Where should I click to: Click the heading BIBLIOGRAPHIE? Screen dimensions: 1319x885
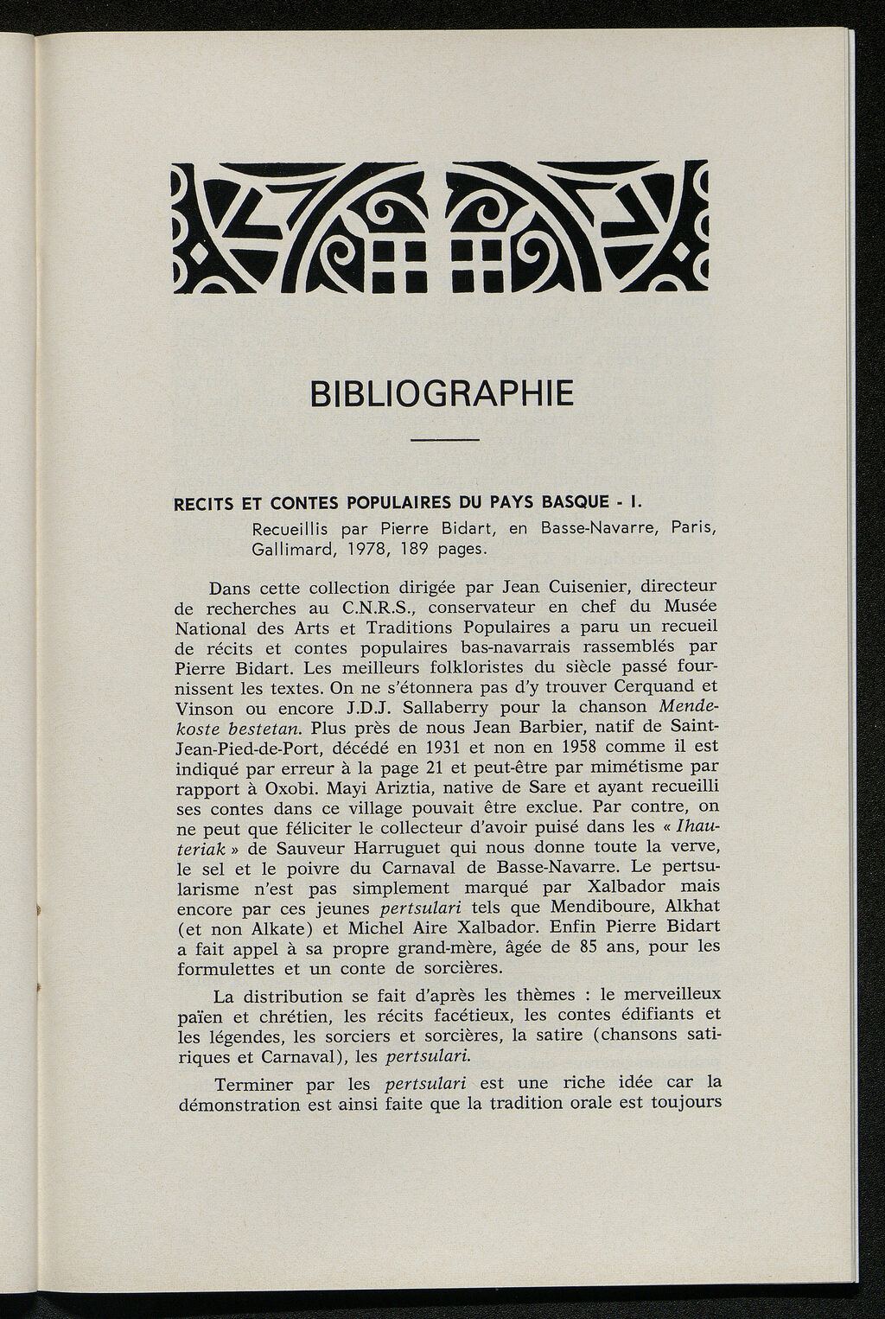pyautogui.click(x=441, y=393)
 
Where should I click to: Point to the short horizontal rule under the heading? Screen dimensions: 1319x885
pyautogui.click(x=444, y=441)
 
